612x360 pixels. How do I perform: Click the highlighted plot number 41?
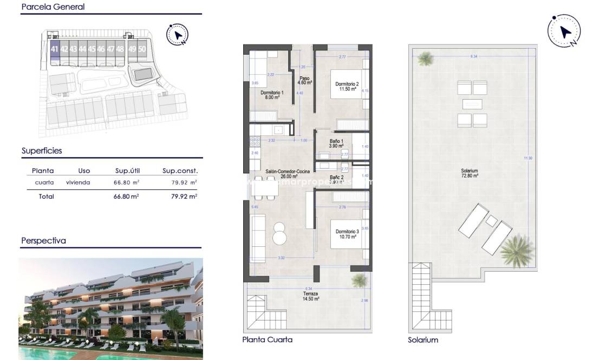[x=54, y=49]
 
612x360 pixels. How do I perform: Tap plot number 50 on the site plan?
[x=142, y=49]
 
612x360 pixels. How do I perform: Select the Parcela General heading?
[x=53, y=7]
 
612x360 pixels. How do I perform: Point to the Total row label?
[x=47, y=197]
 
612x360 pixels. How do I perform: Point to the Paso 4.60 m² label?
[x=305, y=81]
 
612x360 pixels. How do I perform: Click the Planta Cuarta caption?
[x=267, y=340]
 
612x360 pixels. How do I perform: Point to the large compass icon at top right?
[x=564, y=31]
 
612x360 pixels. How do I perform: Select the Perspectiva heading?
[x=43, y=241]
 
